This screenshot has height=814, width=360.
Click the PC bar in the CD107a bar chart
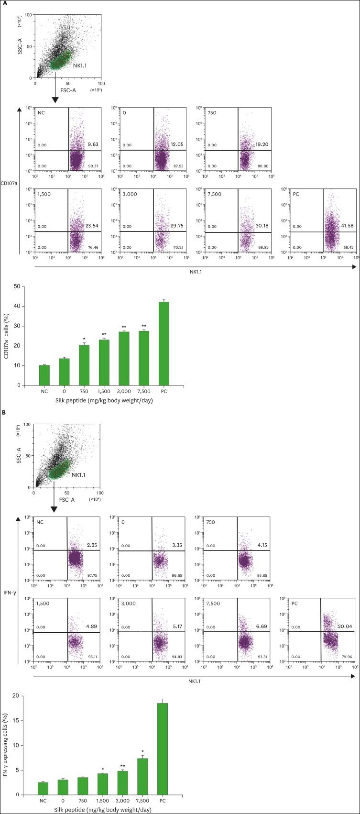point(164,343)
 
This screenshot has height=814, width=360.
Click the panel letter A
point(5,5)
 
